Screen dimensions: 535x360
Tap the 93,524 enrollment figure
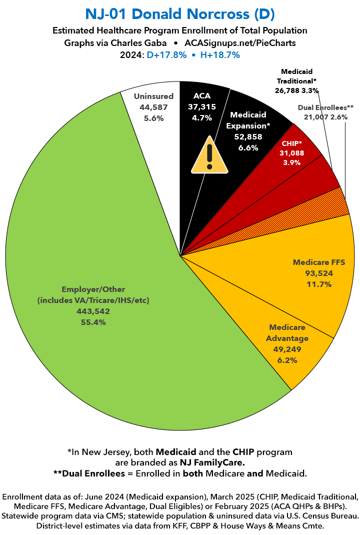319,273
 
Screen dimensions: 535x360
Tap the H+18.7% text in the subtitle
218,55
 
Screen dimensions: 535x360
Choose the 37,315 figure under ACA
202,107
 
